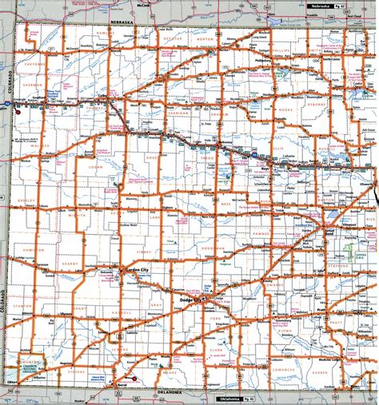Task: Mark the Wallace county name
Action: point(40,146)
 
